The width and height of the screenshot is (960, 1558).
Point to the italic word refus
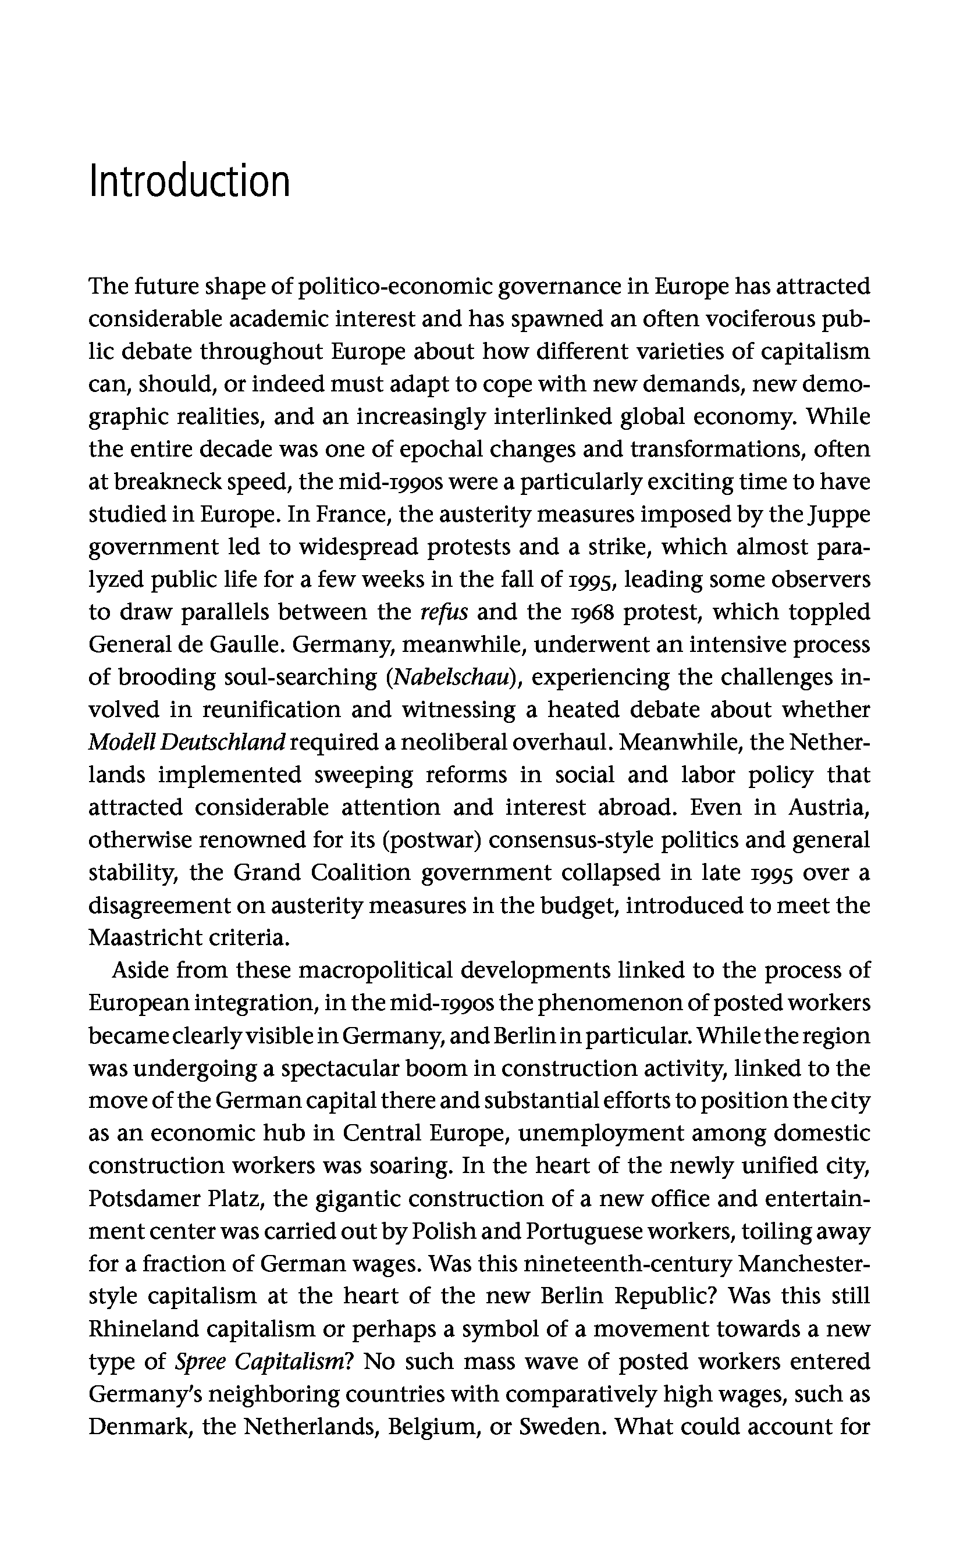pyautogui.click(x=444, y=612)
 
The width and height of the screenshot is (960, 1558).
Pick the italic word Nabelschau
pyautogui.click(x=453, y=677)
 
